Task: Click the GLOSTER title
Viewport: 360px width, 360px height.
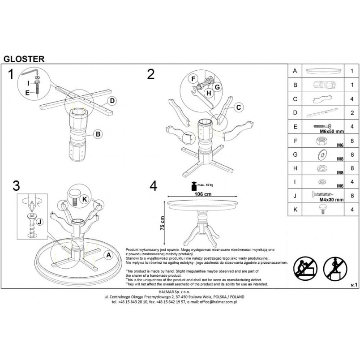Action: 24,59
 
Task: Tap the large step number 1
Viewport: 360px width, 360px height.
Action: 11,74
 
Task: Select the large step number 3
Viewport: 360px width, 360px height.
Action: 16,185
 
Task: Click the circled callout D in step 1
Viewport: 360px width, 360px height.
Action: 112,101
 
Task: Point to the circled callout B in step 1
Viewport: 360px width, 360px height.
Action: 98,134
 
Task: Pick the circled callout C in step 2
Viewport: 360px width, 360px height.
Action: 239,107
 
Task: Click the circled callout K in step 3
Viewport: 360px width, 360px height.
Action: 85,199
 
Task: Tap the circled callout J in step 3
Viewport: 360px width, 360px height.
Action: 40,222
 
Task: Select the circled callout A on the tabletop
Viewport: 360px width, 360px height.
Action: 109,255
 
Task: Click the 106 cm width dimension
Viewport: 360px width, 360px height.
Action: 203,194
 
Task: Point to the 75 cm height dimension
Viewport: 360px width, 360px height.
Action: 163,223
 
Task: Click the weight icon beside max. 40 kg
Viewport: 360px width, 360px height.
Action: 194,186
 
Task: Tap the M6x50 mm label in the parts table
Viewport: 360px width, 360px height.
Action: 332,132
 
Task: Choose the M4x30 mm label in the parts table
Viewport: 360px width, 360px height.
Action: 331,200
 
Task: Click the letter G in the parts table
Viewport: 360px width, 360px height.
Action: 295,154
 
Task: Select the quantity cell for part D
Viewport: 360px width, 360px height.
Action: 352,113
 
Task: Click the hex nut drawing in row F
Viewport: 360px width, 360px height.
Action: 321,141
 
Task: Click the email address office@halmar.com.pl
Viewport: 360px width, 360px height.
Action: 218,302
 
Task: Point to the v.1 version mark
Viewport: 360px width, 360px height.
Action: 354,285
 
